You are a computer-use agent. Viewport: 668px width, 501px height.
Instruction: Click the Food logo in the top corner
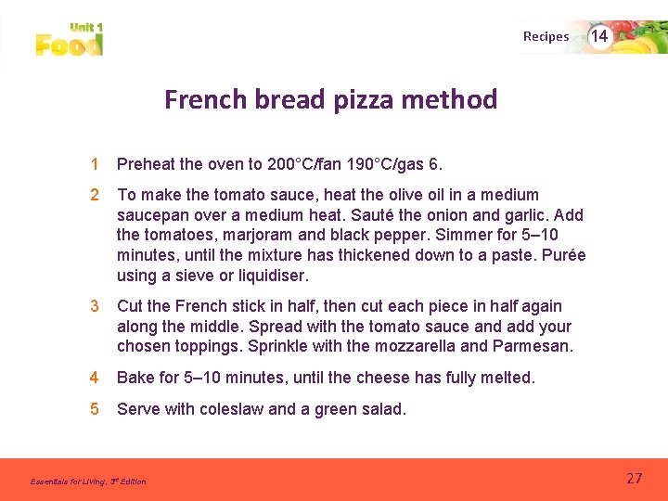(x=70, y=40)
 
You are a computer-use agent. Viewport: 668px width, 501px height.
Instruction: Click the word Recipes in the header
(x=546, y=37)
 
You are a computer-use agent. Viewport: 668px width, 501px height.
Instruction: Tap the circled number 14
(x=600, y=36)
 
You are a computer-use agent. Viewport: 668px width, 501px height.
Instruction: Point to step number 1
(x=94, y=165)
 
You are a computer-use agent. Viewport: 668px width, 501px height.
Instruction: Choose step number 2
(x=94, y=195)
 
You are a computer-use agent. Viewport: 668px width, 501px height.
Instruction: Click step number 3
(x=94, y=306)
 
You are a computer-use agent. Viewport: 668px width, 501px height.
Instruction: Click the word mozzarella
(x=411, y=347)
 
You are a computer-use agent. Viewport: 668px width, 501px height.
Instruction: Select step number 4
(x=94, y=378)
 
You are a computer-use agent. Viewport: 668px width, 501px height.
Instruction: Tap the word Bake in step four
(x=135, y=378)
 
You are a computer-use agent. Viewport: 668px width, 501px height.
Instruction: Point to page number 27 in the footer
(x=634, y=479)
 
